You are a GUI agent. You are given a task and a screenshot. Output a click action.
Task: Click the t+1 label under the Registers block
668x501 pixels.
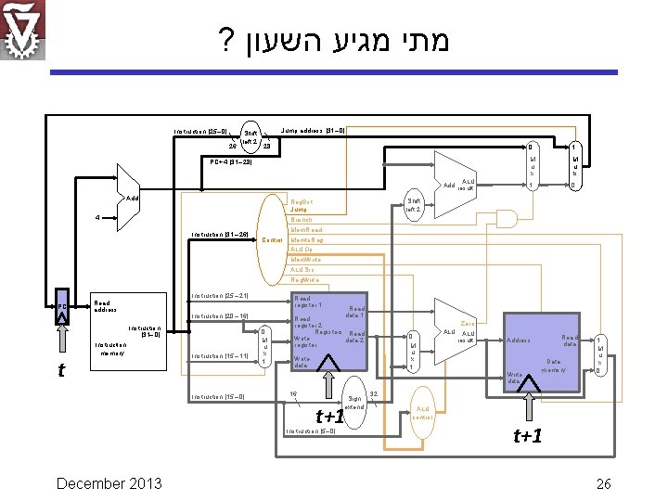pos(330,417)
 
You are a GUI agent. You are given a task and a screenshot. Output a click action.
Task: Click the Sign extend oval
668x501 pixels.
pos(354,401)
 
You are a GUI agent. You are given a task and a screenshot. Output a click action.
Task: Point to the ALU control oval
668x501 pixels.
pos(422,412)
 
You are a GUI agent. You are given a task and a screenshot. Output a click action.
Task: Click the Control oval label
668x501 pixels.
pos(272,239)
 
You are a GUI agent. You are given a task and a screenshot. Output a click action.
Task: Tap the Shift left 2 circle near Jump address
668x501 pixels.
pos(250,138)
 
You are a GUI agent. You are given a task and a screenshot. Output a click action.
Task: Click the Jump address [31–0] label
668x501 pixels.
pos(314,131)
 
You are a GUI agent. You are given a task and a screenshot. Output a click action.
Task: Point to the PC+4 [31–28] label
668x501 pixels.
pos(225,161)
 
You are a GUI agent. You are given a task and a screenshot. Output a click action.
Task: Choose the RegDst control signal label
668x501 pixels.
pos(301,200)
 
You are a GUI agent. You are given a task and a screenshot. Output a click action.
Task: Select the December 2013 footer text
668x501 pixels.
pos(109,482)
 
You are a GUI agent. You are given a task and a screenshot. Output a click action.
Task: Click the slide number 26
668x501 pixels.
pos(604,482)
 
